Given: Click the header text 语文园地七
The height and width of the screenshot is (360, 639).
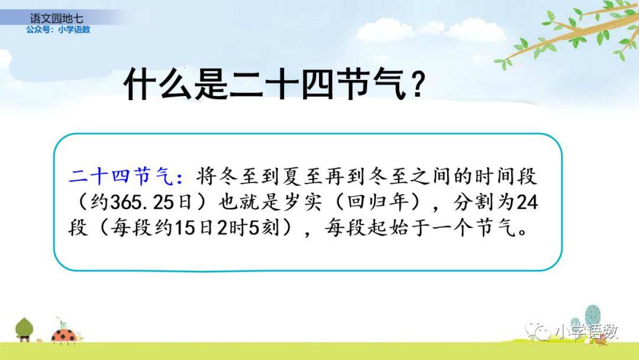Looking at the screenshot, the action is coord(56,18).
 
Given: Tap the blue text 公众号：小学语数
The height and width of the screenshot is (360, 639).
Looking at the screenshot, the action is coord(58,30).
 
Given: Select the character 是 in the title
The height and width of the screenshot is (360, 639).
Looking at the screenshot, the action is coord(211,85).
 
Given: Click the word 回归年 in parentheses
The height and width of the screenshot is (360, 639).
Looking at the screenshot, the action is coord(377,202).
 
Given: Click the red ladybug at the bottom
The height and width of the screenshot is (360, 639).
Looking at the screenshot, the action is coord(65,335).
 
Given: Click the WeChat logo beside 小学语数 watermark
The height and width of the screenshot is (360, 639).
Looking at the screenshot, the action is coord(537,330).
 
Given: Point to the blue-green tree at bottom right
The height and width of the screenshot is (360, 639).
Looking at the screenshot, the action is coord(592,316).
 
